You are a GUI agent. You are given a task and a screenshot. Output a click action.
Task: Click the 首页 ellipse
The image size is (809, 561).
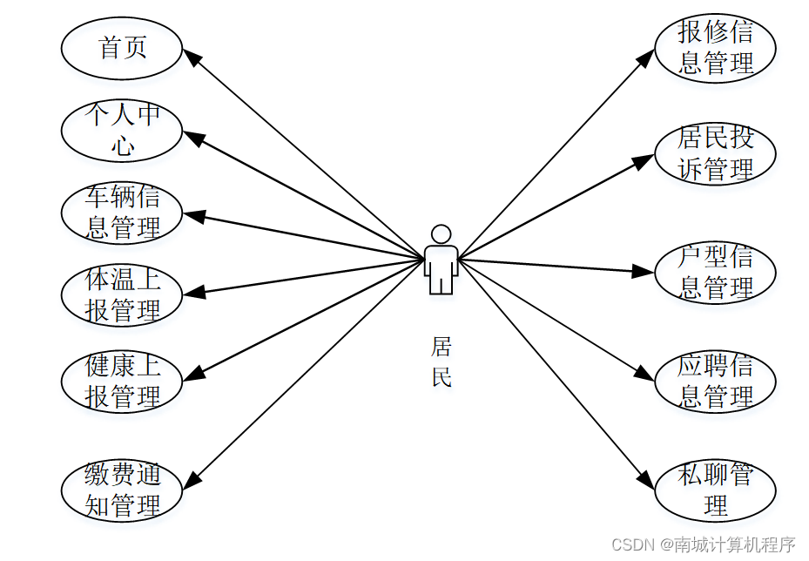[122, 48]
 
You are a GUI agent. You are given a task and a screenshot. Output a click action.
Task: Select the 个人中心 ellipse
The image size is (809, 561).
[122, 130]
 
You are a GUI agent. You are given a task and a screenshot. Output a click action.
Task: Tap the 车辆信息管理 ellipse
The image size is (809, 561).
[122, 213]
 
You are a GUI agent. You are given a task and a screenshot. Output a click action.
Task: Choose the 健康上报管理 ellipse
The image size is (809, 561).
[122, 381]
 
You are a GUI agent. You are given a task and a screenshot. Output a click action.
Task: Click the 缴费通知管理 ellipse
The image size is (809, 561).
[122, 491]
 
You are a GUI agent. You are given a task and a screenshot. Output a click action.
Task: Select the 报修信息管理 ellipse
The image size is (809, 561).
[715, 48]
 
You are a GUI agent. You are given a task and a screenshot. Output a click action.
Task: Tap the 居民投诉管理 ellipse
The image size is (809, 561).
[715, 153]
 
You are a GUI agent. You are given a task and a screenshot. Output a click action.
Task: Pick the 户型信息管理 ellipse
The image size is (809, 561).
[715, 273]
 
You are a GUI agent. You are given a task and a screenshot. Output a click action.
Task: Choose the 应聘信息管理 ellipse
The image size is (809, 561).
[715, 381]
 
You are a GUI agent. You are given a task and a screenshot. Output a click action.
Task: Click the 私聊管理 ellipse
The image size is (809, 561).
[715, 491]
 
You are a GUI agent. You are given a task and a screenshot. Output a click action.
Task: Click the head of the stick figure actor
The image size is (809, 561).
[442, 234]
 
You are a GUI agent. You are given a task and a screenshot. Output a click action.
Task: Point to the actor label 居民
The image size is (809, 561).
[442, 362]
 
